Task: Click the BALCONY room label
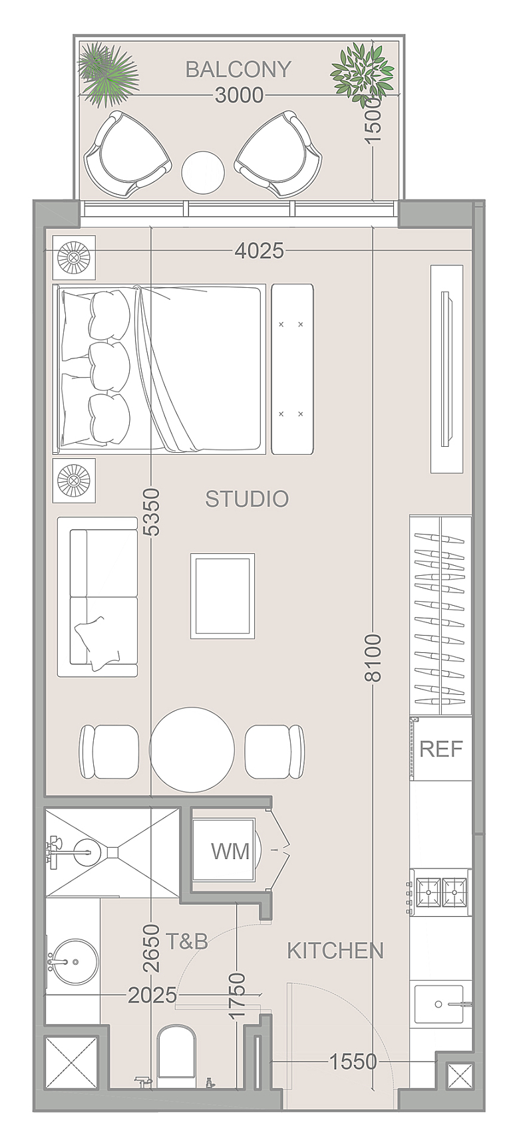[238, 69]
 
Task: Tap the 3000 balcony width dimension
[240, 96]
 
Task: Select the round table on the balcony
[203, 172]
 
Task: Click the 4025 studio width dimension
[259, 251]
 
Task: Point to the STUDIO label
[247, 499]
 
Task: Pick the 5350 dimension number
[152, 512]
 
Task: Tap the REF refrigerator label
[441, 749]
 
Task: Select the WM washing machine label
[230, 851]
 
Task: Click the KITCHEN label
[335, 951]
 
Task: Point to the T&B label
[187, 942]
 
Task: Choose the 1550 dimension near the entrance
[353, 1062]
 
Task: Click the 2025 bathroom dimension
[153, 995]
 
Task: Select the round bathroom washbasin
[76, 961]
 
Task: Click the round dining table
[192, 749]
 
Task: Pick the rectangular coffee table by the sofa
[223, 596]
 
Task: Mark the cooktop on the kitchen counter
[441, 893]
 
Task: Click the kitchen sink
[439, 1004]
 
